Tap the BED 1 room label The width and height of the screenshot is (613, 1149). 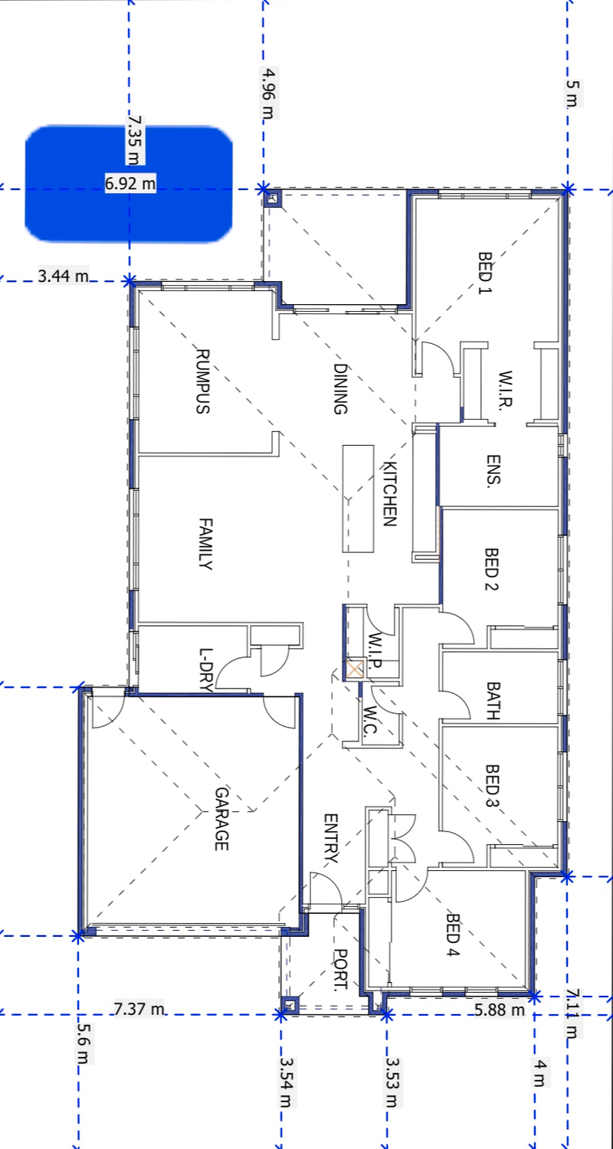pyautogui.click(x=484, y=274)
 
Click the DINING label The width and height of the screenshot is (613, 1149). pyautogui.click(x=340, y=389)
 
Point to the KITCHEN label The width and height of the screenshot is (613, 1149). pyautogui.click(x=389, y=494)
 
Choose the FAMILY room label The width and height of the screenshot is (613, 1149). pyautogui.click(x=205, y=544)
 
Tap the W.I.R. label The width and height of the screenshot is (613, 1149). pyautogui.click(x=503, y=391)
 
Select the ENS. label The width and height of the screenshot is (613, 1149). pyautogui.click(x=493, y=470)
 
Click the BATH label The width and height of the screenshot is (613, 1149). pyautogui.click(x=492, y=701)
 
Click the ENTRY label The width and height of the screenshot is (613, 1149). pyautogui.click(x=330, y=839)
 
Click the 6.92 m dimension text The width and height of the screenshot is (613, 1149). pyautogui.click(x=130, y=184)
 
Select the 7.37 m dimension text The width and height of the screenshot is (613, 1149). pyautogui.click(x=139, y=1009)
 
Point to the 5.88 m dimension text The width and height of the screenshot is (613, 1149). pyautogui.click(x=500, y=1010)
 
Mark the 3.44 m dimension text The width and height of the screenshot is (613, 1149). pyautogui.click(x=63, y=275)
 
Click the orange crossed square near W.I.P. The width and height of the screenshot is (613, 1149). pyautogui.click(x=354, y=669)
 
